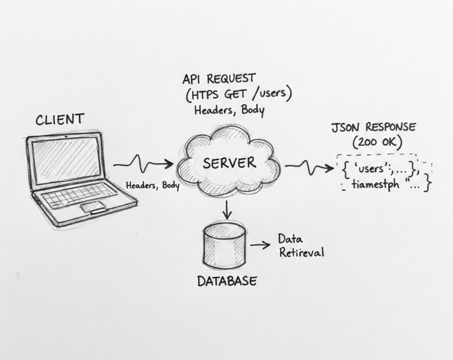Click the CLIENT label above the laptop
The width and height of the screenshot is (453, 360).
tap(60, 119)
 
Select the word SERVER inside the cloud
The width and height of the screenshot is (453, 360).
tap(230, 163)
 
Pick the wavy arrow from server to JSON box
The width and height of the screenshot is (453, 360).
tap(308, 167)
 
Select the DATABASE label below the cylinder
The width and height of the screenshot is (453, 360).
tap(227, 281)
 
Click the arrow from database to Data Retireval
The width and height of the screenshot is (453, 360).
tap(260, 245)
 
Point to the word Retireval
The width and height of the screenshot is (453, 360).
tap(301, 252)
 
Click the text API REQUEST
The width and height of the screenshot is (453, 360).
tap(219, 79)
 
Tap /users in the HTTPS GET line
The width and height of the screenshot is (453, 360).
tap(272, 95)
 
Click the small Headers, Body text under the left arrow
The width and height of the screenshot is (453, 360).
tap(152, 185)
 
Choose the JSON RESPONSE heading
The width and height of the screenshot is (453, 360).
tap(373, 128)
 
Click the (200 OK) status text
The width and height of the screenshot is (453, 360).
tap(373, 143)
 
